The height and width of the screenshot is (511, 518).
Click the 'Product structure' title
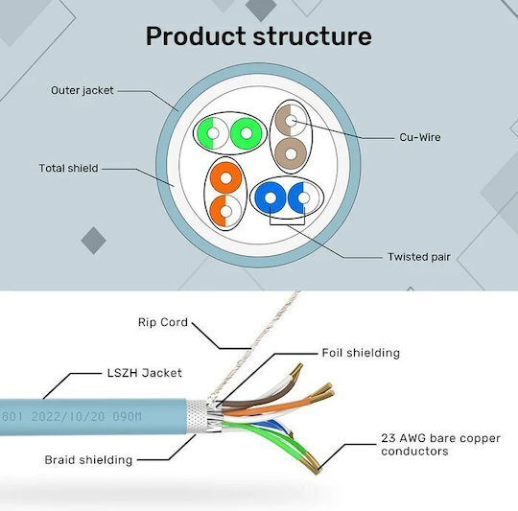[x=259, y=35]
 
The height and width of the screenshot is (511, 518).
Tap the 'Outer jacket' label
[x=82, y=90]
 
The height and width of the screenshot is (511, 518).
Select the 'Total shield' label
[x=69, y=168]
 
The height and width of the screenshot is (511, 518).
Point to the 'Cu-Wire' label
[x=420, y=137]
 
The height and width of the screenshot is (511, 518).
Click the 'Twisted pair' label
[x=419, y=257]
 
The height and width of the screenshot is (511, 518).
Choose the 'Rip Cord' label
[x=163, y=322]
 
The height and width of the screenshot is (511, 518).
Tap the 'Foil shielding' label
[x=361, y=353]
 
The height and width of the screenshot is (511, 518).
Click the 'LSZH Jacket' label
[x=145, y=373]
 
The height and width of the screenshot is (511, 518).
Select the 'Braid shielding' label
[x=88, y=460]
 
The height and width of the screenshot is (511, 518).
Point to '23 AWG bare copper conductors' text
[x=440, y=444]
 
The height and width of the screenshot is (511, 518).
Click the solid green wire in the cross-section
[x=247, y=133]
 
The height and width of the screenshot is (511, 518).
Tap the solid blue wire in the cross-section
[x=271, y=198]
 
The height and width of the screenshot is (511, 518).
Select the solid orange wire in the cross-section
[x=226, y=178]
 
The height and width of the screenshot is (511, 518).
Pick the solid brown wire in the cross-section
[x=291, y=153]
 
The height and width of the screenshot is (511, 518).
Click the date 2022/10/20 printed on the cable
[x=68, y=416]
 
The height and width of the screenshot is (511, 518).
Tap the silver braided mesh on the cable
[x=198, y=417]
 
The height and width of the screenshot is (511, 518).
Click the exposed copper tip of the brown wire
[x=296, y=370]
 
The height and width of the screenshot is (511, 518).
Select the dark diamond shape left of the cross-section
[x=93, y=241]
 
